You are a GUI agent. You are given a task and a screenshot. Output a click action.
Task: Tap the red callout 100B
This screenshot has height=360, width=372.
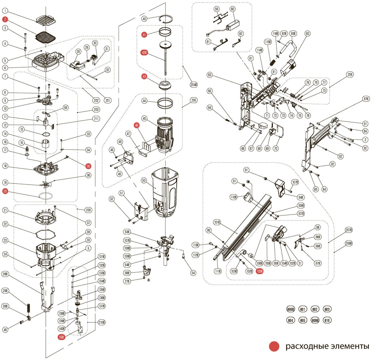[x=260, y=271]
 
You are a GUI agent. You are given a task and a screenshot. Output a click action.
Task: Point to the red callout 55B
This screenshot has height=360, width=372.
[x=62, y=337]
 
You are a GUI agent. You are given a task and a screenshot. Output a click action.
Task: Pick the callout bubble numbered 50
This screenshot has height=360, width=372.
[x=144, y=180]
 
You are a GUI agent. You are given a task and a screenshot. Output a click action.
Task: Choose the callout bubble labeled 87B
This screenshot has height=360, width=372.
[x=366, y=99]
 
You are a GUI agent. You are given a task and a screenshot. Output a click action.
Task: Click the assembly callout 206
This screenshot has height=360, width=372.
[x=350, y=75]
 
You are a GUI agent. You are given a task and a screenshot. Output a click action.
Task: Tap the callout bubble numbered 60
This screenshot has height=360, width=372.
[x=232, y=9]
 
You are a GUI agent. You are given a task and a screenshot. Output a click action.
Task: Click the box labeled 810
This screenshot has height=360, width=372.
[x=327, y=320]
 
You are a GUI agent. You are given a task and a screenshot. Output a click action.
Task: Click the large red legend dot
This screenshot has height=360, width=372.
[x=274, y=347]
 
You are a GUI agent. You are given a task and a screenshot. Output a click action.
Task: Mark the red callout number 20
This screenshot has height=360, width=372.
[x=5, y=191]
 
